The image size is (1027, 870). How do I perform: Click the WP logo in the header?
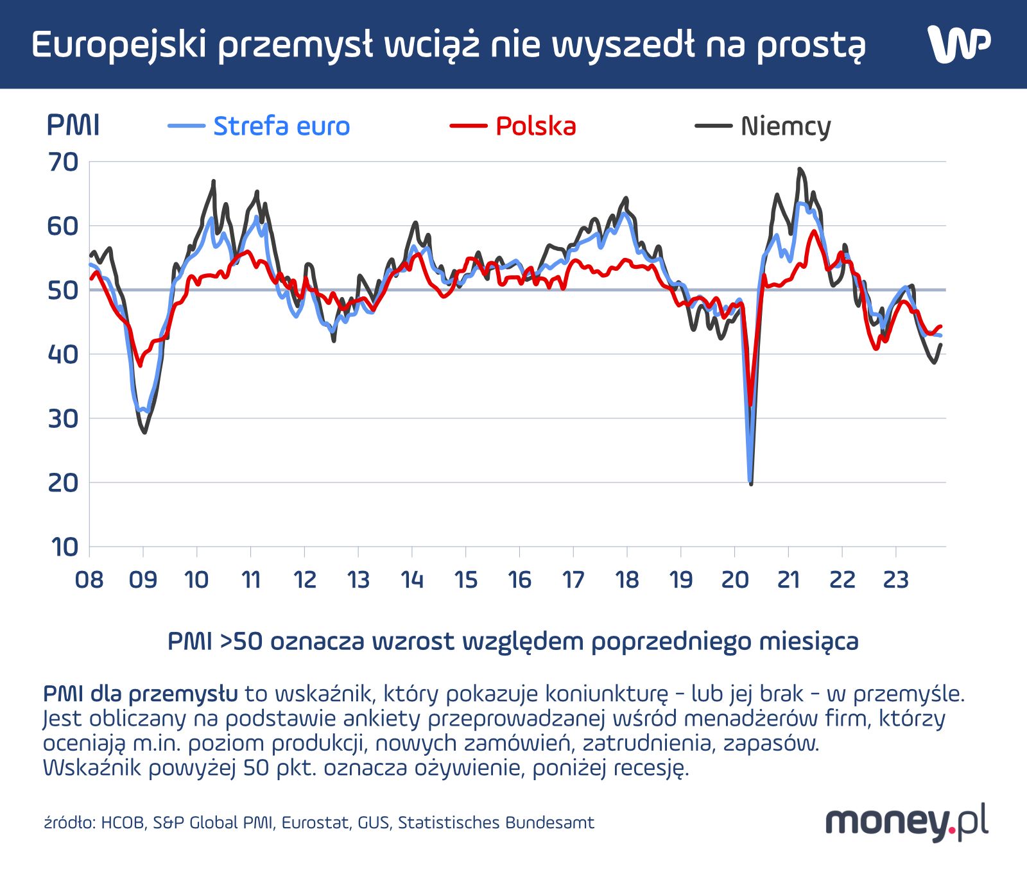point(958,45)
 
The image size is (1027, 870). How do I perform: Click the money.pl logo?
point(906,822)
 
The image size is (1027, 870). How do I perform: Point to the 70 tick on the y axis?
point(63,162)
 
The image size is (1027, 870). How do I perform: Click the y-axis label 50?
point(63,290)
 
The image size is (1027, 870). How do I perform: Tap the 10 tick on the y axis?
point(64,547)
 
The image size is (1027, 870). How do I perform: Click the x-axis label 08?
point(89,580)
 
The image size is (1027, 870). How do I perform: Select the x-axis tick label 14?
point(412,580)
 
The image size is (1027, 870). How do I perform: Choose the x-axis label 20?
point(735,580)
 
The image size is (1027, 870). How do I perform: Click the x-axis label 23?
point(896,580)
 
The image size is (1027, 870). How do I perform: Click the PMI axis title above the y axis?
point(73,126)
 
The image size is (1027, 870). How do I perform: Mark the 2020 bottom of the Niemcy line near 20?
point(751,482)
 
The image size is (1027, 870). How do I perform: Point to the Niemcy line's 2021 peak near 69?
point(799,169)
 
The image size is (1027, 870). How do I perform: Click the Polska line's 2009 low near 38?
point(140,365)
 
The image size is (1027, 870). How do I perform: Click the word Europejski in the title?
point(119,45)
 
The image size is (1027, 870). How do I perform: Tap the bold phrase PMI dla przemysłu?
point(140,694)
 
